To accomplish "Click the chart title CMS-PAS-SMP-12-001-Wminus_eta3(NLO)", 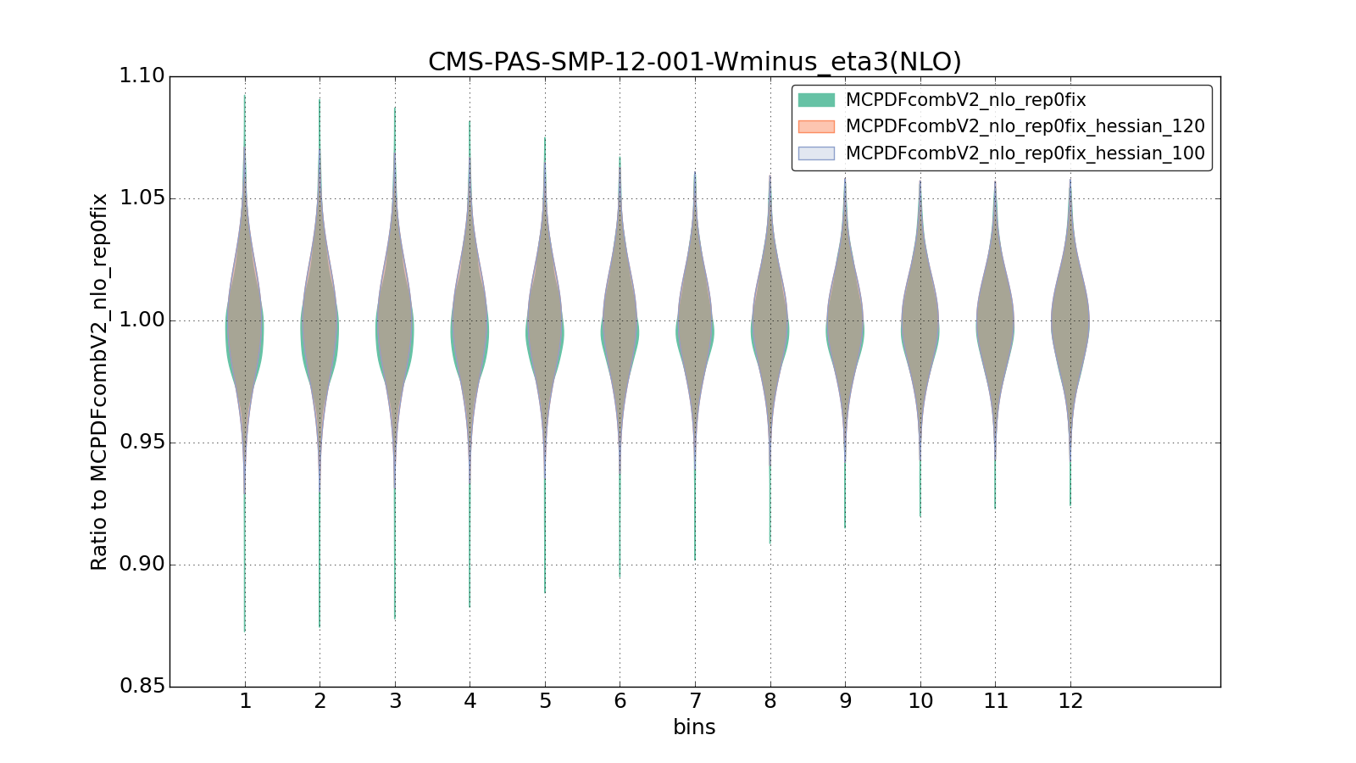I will (x=694, y=62).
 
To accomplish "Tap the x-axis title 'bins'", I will (x=694, y=727).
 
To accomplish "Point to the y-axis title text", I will (x=99, y=381).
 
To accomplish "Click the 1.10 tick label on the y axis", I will (x=142, y=76).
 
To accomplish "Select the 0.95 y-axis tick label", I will (x=142, y=443).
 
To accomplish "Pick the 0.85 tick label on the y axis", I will (x=142, y=686).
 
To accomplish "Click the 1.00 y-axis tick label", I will (x=142, y=320).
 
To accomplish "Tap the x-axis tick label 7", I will (x=695, y=701).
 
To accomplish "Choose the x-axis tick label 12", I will (x=1070, y=701).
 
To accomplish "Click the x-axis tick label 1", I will (x=245, y=701).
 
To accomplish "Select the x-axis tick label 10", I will (x=920, y=701).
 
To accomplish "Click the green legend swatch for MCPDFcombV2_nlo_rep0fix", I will (x=816, y=100).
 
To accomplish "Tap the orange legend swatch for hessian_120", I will (x=816, y=126).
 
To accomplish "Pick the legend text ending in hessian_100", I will (x=1025, y=153).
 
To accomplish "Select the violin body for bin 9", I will (x=845, y=326).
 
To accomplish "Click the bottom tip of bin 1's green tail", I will (x=245, y=631).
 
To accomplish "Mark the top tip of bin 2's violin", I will (x=320, y=99).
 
